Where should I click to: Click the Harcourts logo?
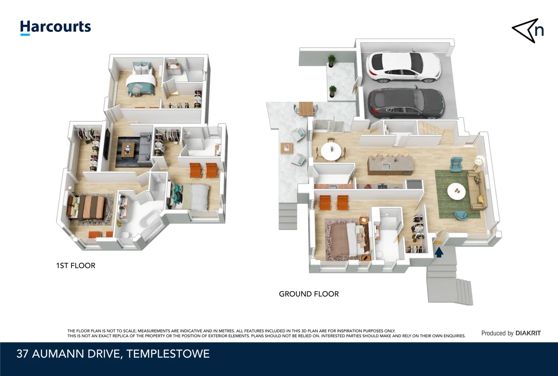pyautogui.click(x=55, y=27)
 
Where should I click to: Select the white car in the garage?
pyautogui.click(x=403, y=66)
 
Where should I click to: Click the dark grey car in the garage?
pyautogui.click(x=406, y=102)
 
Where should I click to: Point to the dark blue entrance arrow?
pyautogui.click(x=439, y=252)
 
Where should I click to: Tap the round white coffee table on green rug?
pyautogui.click(x=456, y=191)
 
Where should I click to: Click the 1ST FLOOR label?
pyautogui.click(x=76, y=266)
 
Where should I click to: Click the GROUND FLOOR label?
pyautogui.click(x=309, y=294)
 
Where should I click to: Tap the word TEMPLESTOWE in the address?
pyautogui.click(x=168, y=354)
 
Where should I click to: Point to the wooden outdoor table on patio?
pyautogui.click(x=306, y=108)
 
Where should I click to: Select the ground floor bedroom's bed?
pyautogui.click(x=346, y=240)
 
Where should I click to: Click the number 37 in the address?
pyautogui.click(x=22, y=354)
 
